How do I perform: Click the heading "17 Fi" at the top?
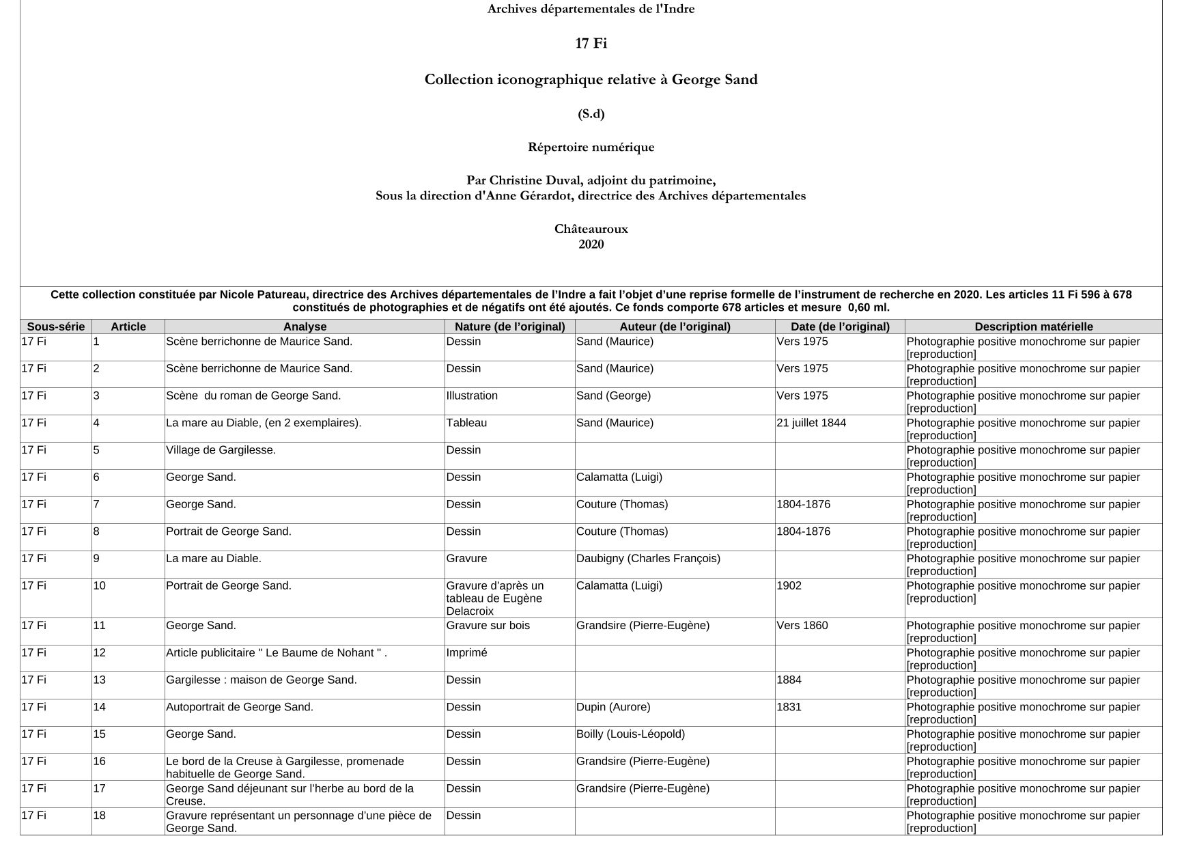pyautogui.click(x=591, y=44)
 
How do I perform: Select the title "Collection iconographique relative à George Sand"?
pyautogui.click(x=591, y=80)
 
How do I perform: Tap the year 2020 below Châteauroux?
pyautogui.click(x=591, y=245)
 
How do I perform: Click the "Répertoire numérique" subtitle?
pyautogui.click(x=591, y=148)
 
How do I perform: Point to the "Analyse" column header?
pyautogui.click(x=305, y=327)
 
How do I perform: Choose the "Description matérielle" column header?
pyautogui.click(x=1033, y=327)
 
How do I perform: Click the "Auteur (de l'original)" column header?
pyautogui.click(x=675, y=327)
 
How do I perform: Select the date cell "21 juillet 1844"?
pyautogui.click(x=811, y=423)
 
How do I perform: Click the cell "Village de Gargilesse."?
pyautogui.click(x=221, y=450)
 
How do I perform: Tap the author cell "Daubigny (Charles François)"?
pyautogui.click(x=648, y=559)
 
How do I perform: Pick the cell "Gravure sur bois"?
pyautogui.click(x=488, y=626)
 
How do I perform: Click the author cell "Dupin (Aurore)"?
pyautogui.click(x=613, y=707)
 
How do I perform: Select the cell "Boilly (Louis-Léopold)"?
pyautogui.click(x=630, y=734)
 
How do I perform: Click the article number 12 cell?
pyautogui.click(x=100, y=653)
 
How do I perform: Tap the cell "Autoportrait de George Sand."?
pyautogui.click(x=240, y=707)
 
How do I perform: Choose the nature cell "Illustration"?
pyautogui.click(x=472, y=396)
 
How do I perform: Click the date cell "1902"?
pyautogui.click(x=789, y=586)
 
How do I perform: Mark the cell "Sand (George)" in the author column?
pyautogui.click(x=613, y=396)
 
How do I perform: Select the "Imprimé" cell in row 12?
pyautogui.click(x=466, y=653)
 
